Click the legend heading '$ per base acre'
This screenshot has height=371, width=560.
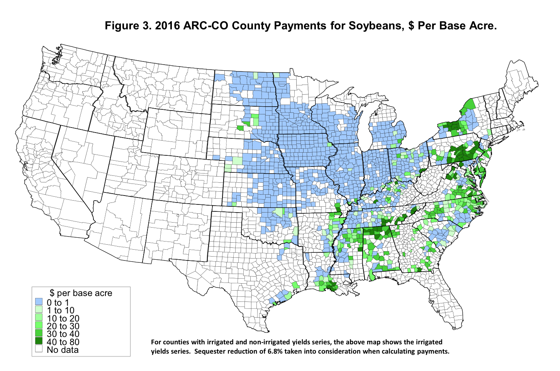pos(81,293)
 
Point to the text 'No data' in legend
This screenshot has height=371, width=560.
pos(63,350)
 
